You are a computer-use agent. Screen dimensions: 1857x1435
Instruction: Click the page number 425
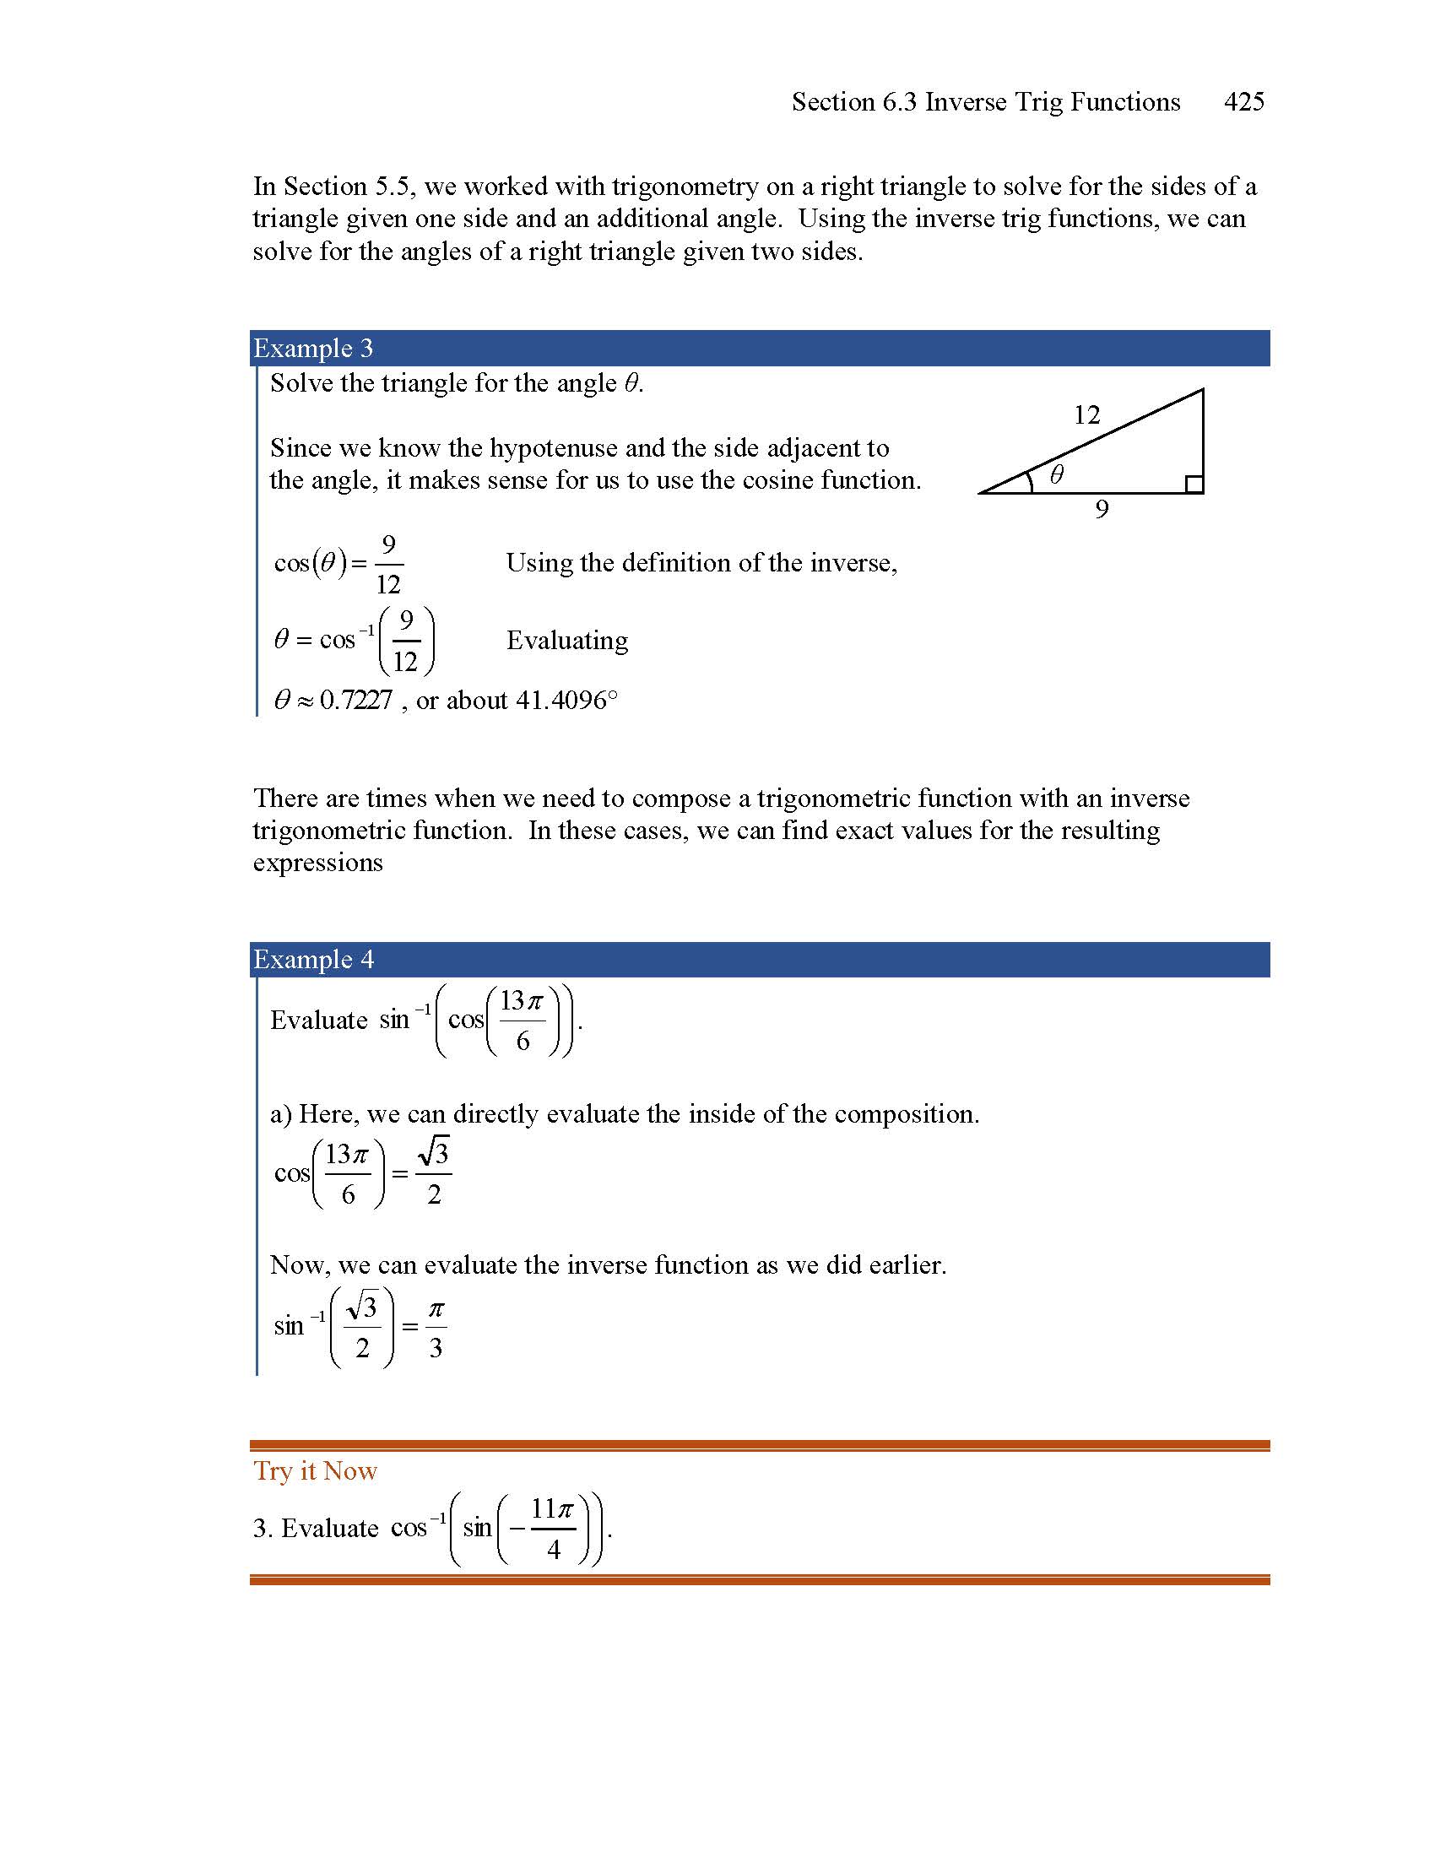tap(1243, 102)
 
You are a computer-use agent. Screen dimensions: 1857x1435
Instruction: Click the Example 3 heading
tap(313, 349)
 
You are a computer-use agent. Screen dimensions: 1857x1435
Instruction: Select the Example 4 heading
tap(313, 959)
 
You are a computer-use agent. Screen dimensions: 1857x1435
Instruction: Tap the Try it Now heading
tap(316, 1471)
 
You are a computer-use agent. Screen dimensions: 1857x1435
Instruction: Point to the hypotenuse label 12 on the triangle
tap(1086, 415)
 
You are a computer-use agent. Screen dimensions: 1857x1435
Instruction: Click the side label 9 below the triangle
tap(1102, 509)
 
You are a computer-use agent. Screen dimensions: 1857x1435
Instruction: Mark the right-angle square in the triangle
tap(1194, 484)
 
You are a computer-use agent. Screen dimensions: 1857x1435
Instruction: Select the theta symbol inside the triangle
tap(1056, 474)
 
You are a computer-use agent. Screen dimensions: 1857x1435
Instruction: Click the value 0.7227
tap(356, 701)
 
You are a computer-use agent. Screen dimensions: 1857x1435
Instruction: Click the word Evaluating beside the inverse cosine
tap(567, 641)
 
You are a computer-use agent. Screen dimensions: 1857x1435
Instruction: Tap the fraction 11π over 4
tap(554, 1529)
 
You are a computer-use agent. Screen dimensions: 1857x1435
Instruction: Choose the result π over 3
tap(436, 1327)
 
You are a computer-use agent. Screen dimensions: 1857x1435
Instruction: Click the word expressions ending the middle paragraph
tap(318, 863)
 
